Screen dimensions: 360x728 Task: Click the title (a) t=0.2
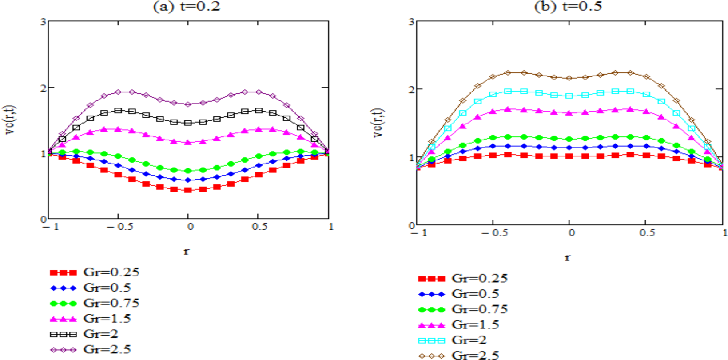[x=186, y=6]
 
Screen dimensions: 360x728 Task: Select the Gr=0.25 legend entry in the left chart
[x=95, y=272]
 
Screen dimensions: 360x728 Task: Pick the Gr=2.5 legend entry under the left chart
[x=91, y=349]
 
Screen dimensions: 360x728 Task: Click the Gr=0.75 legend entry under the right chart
[x=463, y=309]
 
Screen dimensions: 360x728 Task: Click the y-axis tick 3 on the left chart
[x=43, y=22]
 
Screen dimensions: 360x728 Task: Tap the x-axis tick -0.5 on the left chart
[x=119, y=227]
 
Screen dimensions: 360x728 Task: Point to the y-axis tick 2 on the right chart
[x=411, y=89]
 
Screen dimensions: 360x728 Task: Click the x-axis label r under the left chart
[x=187, y=251]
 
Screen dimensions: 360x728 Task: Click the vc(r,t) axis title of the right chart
[x=378, y=123]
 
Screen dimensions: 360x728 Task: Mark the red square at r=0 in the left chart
[x=188, y=190]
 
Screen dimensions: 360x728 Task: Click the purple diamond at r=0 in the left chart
[x=188, y=104]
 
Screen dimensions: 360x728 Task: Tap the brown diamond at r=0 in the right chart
[x=569, y=78]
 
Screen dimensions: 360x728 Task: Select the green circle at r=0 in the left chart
[x=188, y=171]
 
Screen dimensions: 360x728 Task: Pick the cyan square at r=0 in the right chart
[x=569, y=96]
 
